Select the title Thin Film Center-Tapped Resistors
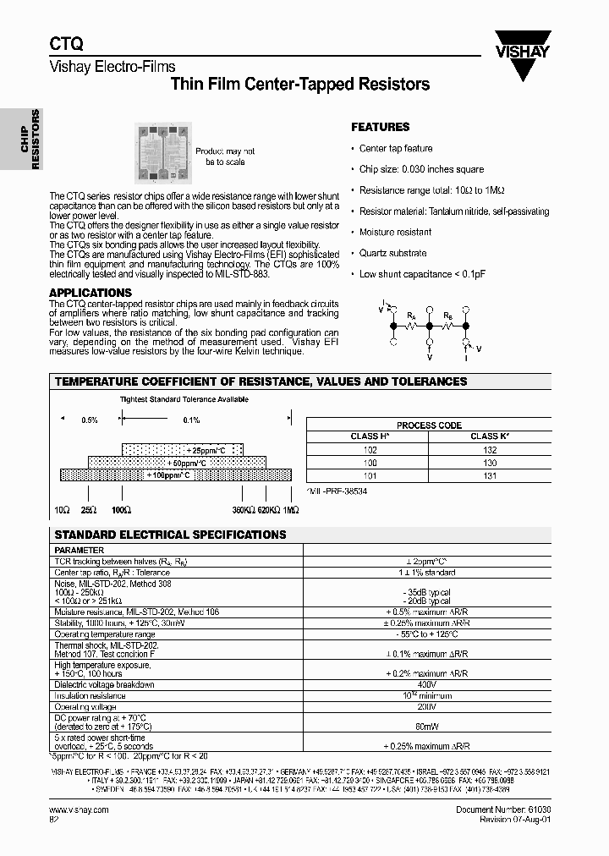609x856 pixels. coord(300,85)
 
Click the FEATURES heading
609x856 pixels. coord(380,127)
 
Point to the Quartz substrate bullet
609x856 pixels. coord(392,253)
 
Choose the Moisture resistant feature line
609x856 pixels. coord(395,232)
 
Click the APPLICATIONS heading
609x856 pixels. coord(91,293)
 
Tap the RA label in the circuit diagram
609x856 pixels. coord(412,316)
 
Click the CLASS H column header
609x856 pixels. coord(370,436)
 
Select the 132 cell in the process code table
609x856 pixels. coord(489,451)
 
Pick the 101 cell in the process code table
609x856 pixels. coord(370,476)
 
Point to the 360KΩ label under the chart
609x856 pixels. coord(244,510)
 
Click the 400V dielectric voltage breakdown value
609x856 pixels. coord(428,684)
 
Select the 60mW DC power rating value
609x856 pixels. coord(428,725)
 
